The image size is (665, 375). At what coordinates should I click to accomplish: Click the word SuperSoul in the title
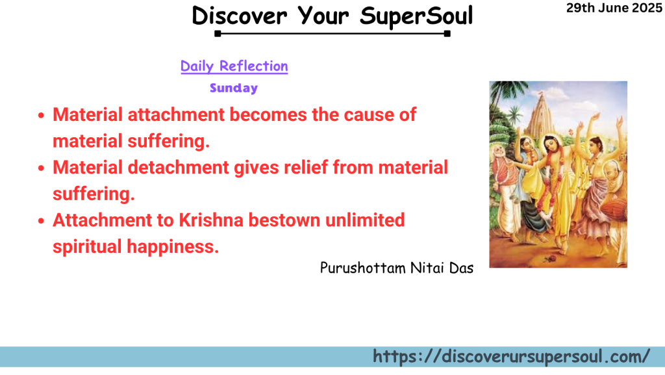416,16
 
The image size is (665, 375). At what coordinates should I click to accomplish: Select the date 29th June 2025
614,8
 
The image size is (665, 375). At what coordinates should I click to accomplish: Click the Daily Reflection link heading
234,66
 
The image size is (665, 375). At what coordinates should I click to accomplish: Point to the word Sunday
234,88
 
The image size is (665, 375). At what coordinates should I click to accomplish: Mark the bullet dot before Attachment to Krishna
41,222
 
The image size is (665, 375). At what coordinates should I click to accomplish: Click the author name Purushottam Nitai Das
396,268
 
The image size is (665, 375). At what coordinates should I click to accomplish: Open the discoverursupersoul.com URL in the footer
511,356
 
